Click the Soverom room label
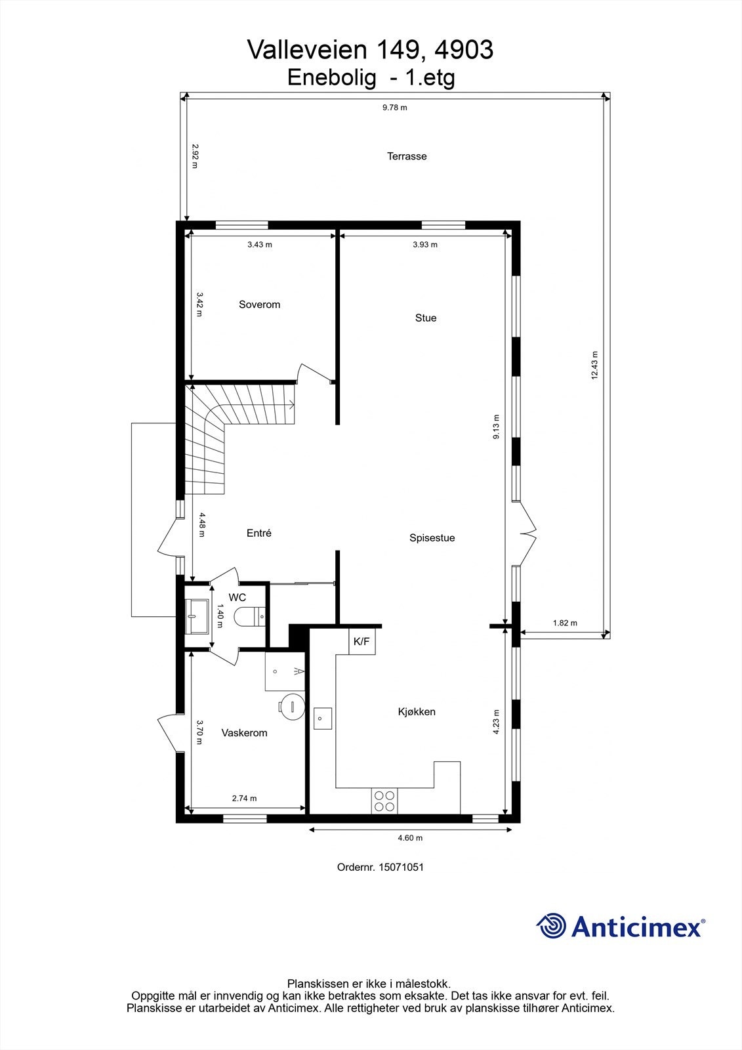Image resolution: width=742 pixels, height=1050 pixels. (x=259, y=304)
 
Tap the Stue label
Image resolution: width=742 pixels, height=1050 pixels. (x=425, y=318)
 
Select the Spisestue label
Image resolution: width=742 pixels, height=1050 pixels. (x=432, y=538)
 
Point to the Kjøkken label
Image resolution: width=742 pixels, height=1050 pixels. (x=417, y=712)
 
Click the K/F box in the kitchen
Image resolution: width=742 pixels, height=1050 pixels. (x=361, y=642)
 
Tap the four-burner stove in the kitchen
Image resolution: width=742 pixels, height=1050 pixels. (x=384, y=801)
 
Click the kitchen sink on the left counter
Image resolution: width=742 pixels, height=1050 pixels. (x=322, y=719)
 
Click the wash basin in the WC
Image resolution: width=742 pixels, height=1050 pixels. (x=196, y=616)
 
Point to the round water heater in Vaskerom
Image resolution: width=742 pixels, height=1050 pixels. (x=291, y=705)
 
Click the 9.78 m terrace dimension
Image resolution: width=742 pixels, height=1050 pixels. (x=394, y=108)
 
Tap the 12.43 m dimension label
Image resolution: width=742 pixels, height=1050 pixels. (x=594, y=365)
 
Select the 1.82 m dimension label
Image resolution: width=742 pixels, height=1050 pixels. (x=564, y=623)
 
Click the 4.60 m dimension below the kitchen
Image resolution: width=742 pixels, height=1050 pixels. (x=410, y=838)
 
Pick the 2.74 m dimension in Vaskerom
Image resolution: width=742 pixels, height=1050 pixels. (x=244, y=799)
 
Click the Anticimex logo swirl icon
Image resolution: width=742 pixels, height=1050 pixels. (x=551, y=926)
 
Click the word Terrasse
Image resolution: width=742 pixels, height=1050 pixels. (x=407, y=156)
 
